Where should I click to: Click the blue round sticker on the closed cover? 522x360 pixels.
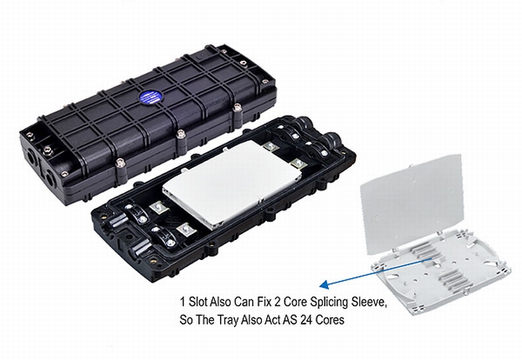pyautogui.click(x=151, y=97)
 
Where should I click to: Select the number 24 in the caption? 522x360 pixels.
pyautogui.click(x=306, y=320)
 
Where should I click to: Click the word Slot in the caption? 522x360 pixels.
pyautogui.click(x=198, y=302)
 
